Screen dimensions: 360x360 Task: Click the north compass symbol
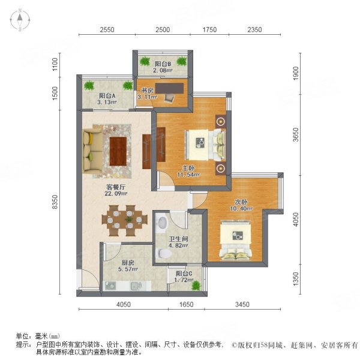pyautogui.click(x=20, y=20)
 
